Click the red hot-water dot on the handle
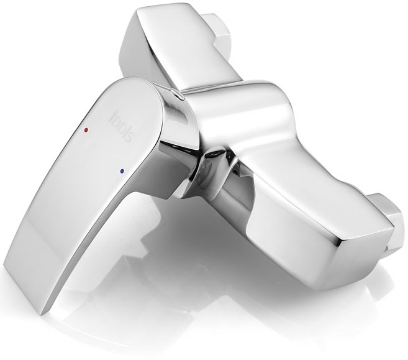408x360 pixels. (86, 129)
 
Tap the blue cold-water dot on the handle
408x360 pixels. (122, 171)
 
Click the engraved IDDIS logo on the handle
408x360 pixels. (123, 126)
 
